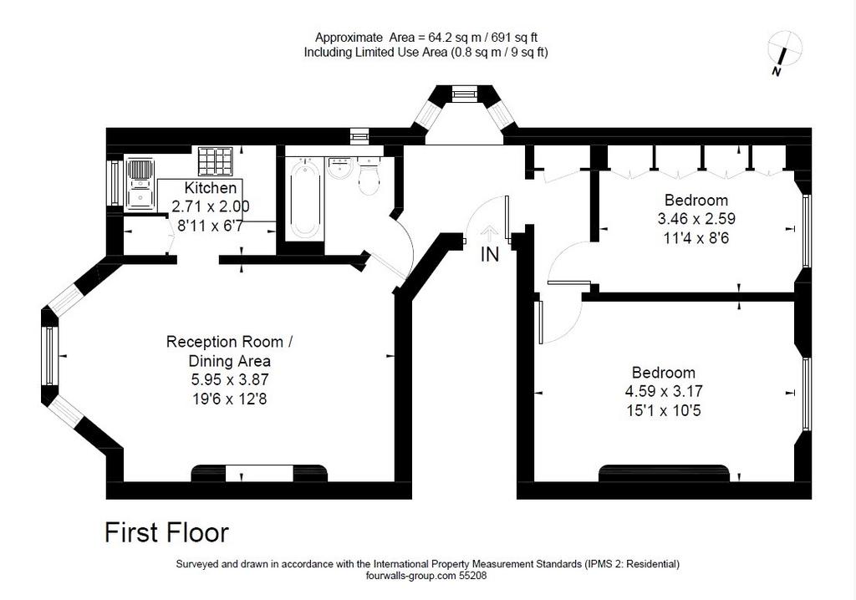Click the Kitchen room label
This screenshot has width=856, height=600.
point(210,188)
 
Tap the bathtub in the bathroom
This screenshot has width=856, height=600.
point(303,198)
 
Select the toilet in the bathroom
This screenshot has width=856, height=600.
point(370,175)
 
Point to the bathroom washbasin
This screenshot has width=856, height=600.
point(342,168)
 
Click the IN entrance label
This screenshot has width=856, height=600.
point(490,254)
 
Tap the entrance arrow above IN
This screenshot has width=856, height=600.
point(489,233)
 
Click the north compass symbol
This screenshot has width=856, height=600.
point(784,53)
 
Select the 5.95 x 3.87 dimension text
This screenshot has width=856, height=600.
point(230,379)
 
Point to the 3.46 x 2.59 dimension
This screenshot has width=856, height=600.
point(696,219)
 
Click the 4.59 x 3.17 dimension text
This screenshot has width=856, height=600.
point(664,391)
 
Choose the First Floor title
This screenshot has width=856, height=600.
point(166,533)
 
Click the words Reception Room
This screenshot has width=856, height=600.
point(225,343)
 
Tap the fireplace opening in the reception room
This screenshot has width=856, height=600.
point(259,473)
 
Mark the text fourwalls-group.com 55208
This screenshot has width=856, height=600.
point(426,575)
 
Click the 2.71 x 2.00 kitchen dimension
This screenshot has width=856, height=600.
point(210,206)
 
